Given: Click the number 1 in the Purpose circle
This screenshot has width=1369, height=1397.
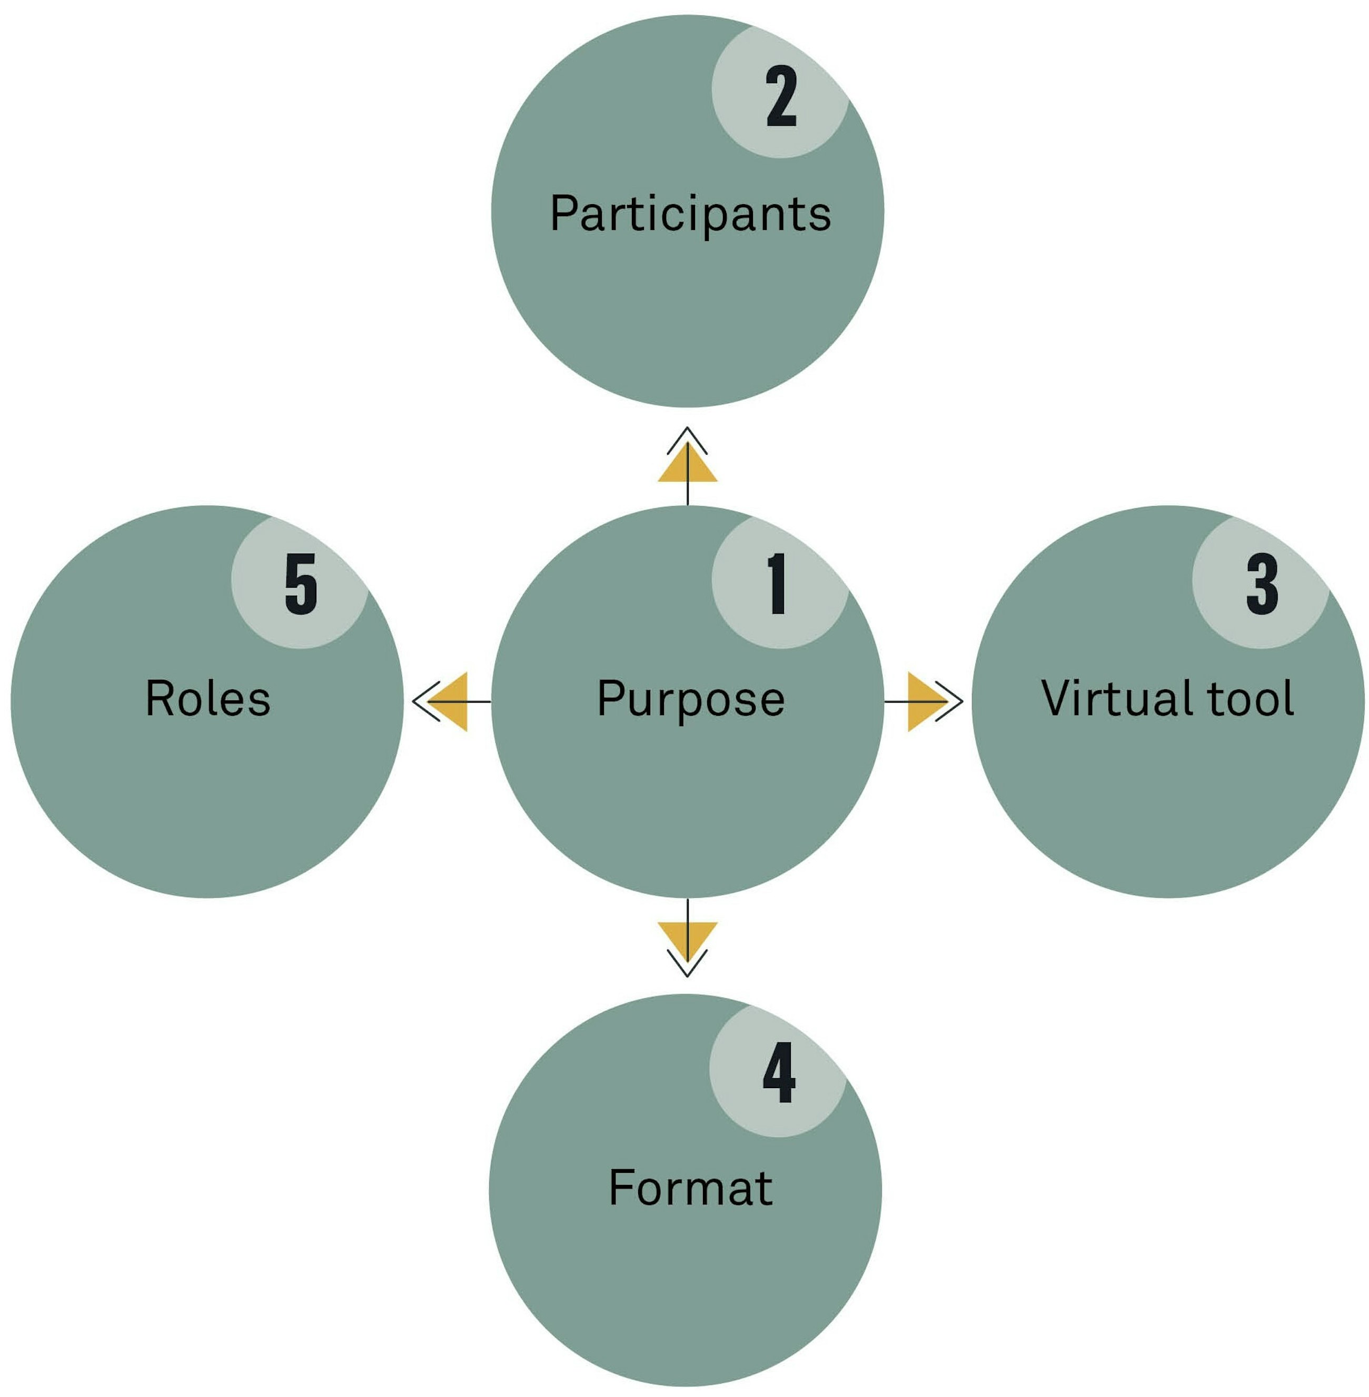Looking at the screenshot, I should tap(777, 584).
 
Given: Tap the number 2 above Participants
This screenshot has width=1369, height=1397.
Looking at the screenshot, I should tap(781, 96).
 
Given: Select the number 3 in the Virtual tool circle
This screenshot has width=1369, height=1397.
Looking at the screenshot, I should tap(1263, 584).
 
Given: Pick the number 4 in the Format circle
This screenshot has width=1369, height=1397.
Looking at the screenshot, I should tap(779, 1072).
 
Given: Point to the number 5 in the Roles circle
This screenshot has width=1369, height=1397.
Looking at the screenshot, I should tap(301, 584).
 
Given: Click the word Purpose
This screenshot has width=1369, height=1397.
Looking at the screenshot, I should tap(690, 699).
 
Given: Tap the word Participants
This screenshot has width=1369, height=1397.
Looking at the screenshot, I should tap(690, 214).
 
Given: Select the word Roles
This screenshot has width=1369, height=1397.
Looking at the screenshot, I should tap(208, 699).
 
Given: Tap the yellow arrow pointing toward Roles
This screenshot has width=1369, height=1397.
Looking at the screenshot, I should tap(451, 701).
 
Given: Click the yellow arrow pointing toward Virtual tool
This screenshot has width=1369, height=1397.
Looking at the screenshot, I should tap(925, 701).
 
